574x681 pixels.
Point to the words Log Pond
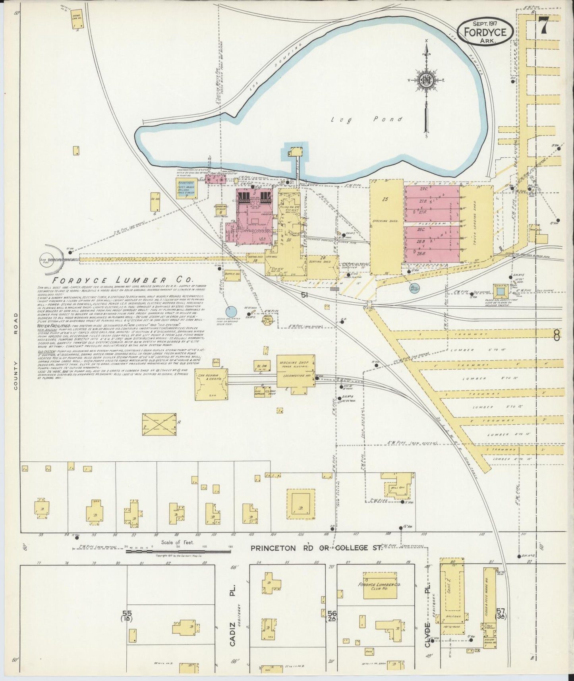367,119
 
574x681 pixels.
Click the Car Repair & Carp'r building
211,384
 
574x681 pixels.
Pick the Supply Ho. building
232,274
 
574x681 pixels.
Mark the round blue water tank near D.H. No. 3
231,312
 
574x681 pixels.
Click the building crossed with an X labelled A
159,424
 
